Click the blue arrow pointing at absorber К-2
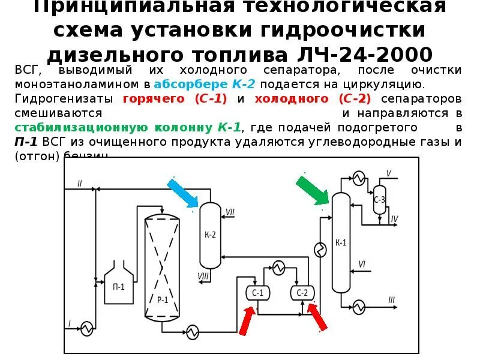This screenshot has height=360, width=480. [183, 193]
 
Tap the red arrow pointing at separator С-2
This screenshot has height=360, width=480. [317, 317]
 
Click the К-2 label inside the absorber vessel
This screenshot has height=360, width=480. [210, 235]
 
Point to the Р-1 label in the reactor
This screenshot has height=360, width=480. [162, 299]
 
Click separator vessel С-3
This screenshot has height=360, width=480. [379, 200]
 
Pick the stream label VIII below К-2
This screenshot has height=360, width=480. [203, 276]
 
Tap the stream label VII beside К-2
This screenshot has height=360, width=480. [230, 212]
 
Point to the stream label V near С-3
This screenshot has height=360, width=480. [388, 173]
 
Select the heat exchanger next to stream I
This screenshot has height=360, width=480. [88, 327]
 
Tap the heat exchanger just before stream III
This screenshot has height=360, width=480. [359, 306]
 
